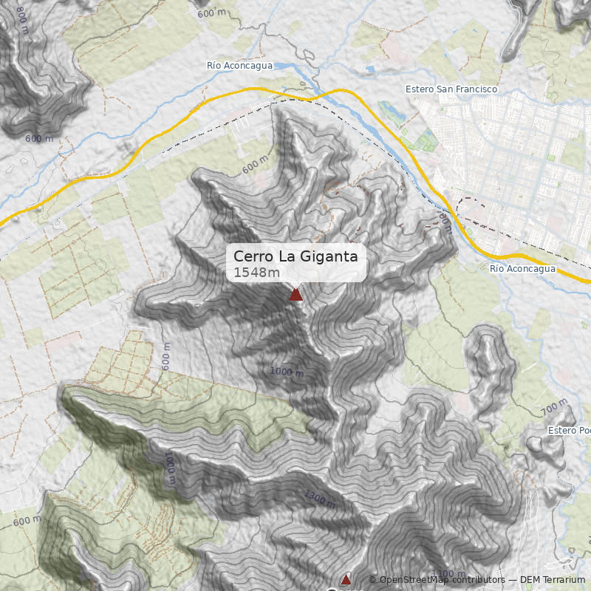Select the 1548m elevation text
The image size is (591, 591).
click(x=256, y=273)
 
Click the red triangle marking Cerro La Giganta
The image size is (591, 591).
click(x=295, y=295)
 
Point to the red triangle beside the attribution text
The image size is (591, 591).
click(x=345, y=579)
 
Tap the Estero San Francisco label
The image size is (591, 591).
click(x=451, y=89)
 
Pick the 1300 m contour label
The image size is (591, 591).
click(x=319, y=499)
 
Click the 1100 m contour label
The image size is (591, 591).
click(x=448, y=574)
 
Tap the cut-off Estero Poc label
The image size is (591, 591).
click(x=570, y=431)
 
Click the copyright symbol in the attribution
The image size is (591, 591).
click(x=372, y=580)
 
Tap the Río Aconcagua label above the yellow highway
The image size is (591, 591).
click(x=239, y=66)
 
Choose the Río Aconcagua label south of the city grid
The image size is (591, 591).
click(x=522, y=269)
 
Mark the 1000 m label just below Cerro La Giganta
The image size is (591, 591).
click(x=287, y=372)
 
